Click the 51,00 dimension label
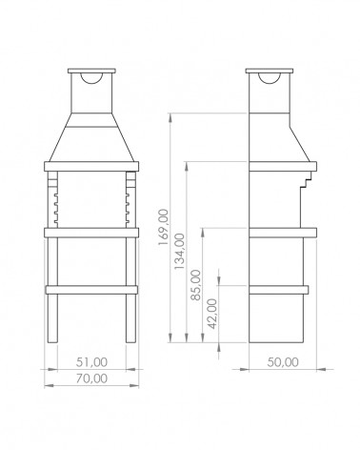91,362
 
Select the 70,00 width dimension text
91,378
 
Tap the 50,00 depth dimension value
283,362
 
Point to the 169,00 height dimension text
163,227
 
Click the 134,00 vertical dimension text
179,251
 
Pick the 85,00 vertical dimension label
196,285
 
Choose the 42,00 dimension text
212,314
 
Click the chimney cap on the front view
91,71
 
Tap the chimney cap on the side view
270,71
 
